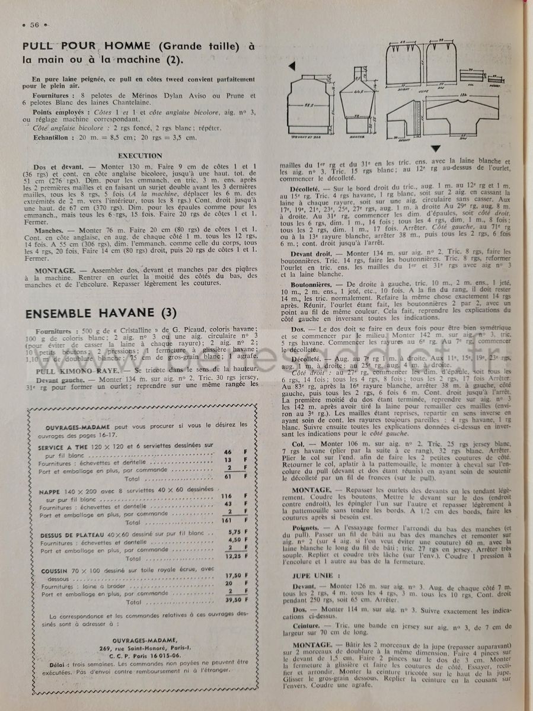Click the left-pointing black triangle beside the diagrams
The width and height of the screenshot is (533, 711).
click(x=292, y=66)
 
